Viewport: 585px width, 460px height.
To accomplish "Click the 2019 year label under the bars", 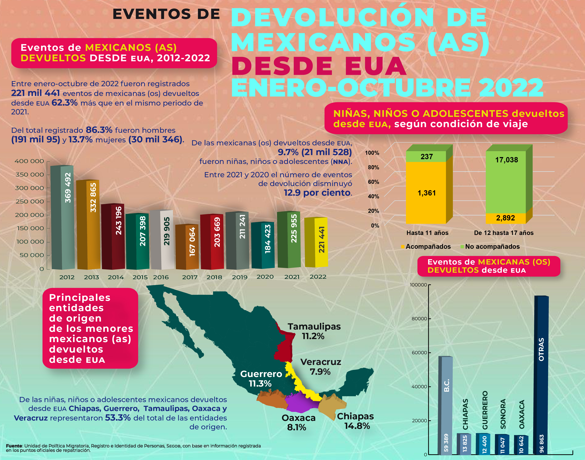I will click(x=240, y=277).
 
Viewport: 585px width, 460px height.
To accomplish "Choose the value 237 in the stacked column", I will click(x=426, y=157).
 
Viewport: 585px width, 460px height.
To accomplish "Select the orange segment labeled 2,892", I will click(x=505, y=218).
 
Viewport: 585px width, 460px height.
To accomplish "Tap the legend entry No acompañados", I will click(x=492, y=246).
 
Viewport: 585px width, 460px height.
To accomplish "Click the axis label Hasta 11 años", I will click(x=427, y=233).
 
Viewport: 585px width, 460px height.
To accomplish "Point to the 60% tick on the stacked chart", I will click(x=373, y=182).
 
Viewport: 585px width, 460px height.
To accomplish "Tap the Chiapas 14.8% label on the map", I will click(x=355, y=421).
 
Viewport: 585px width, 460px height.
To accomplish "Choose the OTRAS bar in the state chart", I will click(x=541, y=374).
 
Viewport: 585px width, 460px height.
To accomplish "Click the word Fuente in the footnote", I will click(x=14, y=446).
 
